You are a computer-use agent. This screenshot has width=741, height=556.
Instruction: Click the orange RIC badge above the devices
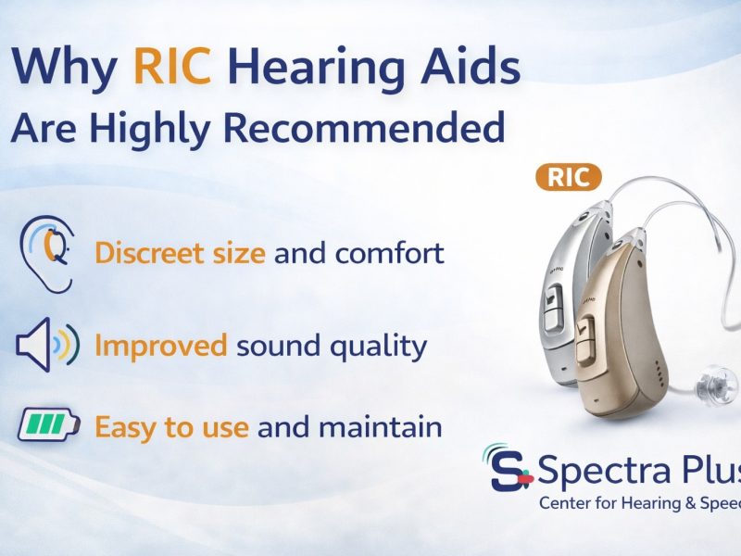coord(569,177)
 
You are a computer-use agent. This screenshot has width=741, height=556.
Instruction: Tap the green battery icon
coord(47,427)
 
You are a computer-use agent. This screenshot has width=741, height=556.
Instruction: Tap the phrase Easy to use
coord(171,427)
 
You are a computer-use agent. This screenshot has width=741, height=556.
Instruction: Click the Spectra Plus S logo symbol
coord(509,470)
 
